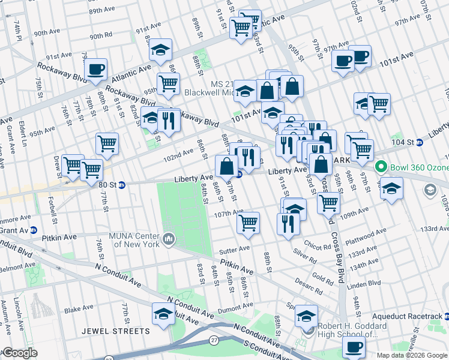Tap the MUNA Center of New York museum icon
169,240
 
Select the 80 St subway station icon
121,185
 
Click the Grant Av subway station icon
34,230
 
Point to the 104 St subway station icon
420,142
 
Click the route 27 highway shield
214,340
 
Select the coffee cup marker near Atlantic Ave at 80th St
97,69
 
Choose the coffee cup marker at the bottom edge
354,346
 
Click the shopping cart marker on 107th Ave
248,223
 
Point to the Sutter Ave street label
236,248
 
